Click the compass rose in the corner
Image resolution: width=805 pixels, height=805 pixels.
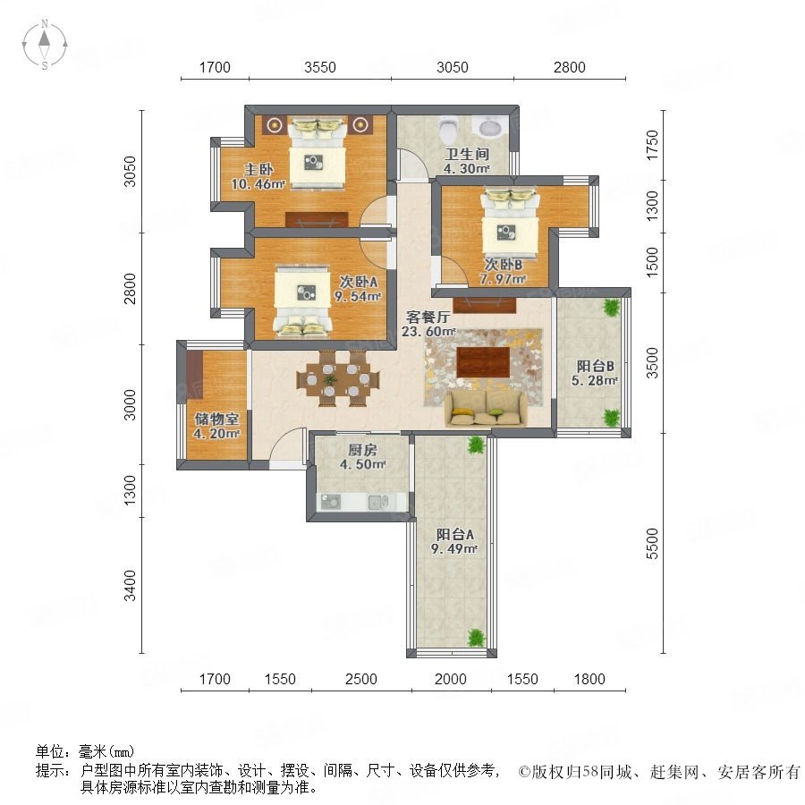(45, 45)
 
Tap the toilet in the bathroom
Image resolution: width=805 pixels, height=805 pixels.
(449, 129)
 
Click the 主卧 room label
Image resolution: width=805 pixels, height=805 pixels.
(258, 169)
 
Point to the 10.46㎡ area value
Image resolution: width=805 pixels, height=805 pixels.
(258, 183)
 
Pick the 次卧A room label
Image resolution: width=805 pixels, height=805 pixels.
(359, 282)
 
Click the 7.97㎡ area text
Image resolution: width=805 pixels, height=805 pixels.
(503, 279)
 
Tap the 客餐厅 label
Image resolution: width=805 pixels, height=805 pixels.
(428, 317)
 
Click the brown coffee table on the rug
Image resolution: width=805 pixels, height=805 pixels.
(483, 361)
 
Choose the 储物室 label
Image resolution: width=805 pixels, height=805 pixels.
(216, 419)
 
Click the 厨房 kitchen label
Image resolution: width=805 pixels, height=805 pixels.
(362, 450)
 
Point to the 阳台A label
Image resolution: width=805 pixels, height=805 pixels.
(455, 535)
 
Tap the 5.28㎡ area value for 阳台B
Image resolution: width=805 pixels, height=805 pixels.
(595, 380)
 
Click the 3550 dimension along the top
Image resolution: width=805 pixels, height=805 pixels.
(320, 67)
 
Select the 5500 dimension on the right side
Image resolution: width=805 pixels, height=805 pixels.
(651, 544)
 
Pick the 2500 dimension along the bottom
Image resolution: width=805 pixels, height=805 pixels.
(361, 679)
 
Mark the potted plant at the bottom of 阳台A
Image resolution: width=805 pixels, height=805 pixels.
(477, 638)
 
